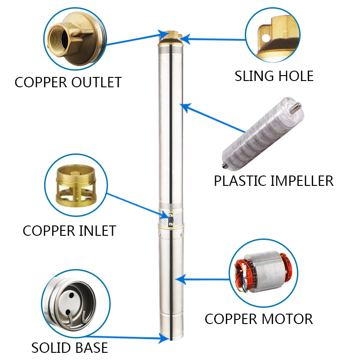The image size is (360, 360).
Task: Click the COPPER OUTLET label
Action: tap(68, 82)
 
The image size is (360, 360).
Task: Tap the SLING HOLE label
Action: tap(274, 76)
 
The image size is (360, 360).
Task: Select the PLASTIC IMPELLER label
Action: tap(274, 181)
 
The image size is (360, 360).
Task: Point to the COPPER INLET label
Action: tap(69, 230)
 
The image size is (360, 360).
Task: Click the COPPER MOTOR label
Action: tap(258, 319)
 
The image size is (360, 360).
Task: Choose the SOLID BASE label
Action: tap(69, 347)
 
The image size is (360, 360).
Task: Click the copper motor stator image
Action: tap(261, 270)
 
